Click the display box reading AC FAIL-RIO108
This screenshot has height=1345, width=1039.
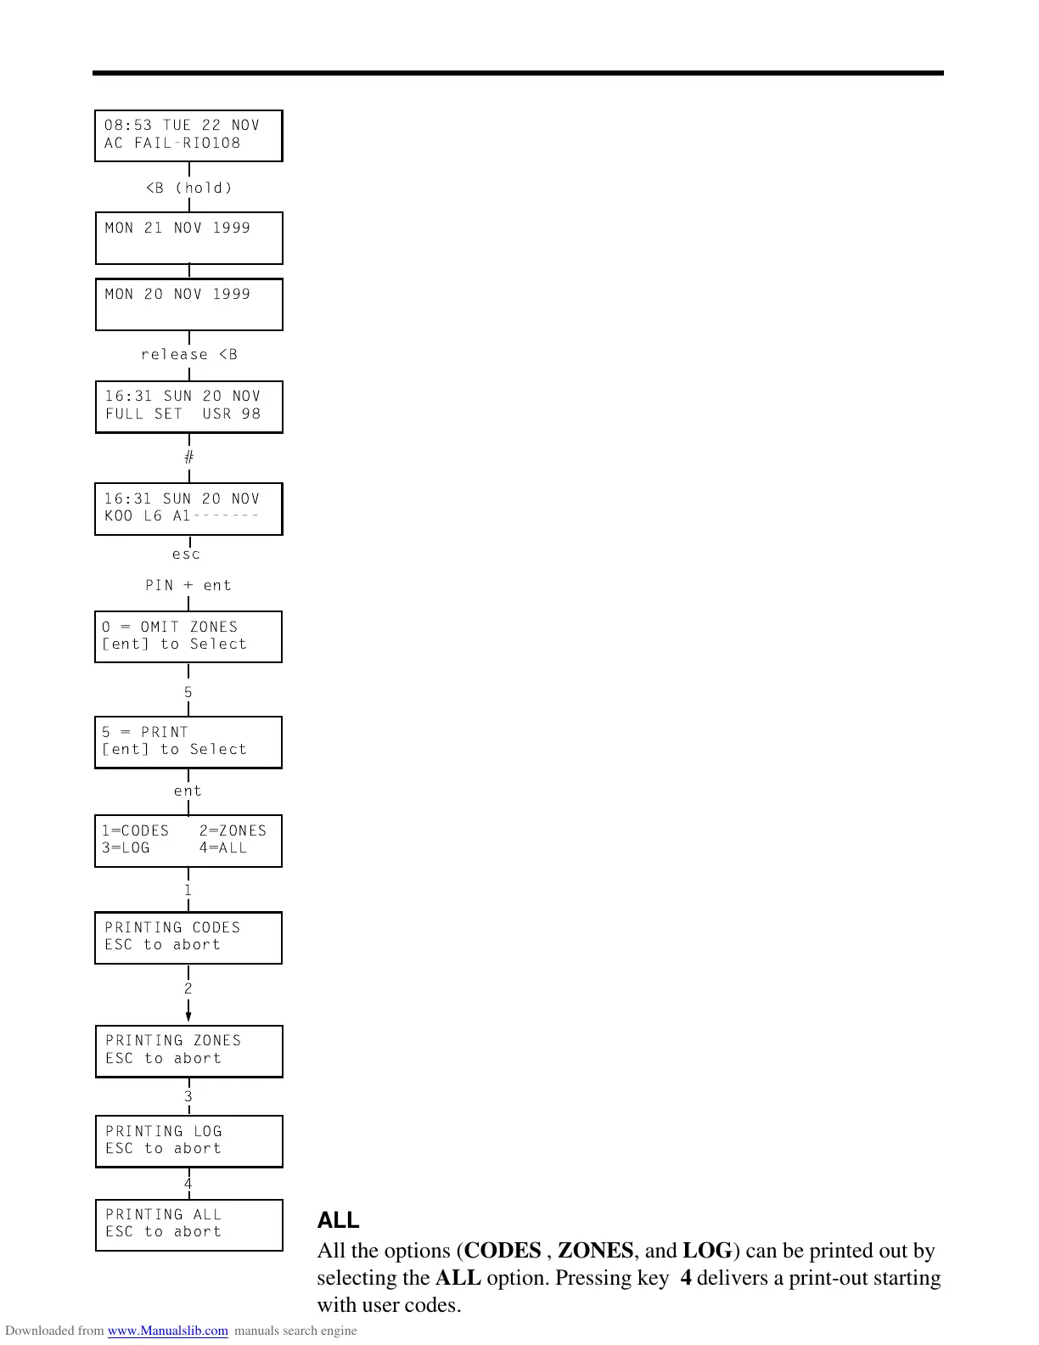[x=188, y=135]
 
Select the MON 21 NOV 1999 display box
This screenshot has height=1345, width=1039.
[x=188, y=238]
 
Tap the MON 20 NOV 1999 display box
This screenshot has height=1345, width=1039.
[x=188, y=304]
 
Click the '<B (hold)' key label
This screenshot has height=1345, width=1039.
[x=189, y=188]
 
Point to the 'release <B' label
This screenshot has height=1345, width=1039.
[x=189, y=355]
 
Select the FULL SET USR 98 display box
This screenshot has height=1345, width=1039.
[x=188, y=407]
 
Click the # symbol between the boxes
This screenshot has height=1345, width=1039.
[x=188, y=458]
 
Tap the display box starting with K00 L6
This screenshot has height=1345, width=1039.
[x=188, y=509]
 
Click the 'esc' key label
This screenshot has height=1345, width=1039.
[x=187, y=554]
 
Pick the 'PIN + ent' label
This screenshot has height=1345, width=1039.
[x=188, y=586]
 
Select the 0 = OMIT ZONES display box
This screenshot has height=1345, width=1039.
[x=188, y=637]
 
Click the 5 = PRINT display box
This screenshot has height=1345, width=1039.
[x=188, y=742]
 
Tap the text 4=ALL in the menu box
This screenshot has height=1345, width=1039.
[x=223, y=848]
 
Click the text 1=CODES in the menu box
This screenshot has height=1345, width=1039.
[x=136, y=831]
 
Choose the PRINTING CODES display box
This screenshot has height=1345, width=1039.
[x=188, y=937]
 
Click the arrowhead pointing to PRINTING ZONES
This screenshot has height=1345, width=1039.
[x=188, y=1016]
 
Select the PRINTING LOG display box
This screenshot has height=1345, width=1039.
[x=188, y=1140]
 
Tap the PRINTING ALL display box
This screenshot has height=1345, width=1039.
[x=188, y=1224]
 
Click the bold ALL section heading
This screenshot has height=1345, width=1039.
[x=338, y=1220]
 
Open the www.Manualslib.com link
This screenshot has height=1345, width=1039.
[x=168, y=1331]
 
